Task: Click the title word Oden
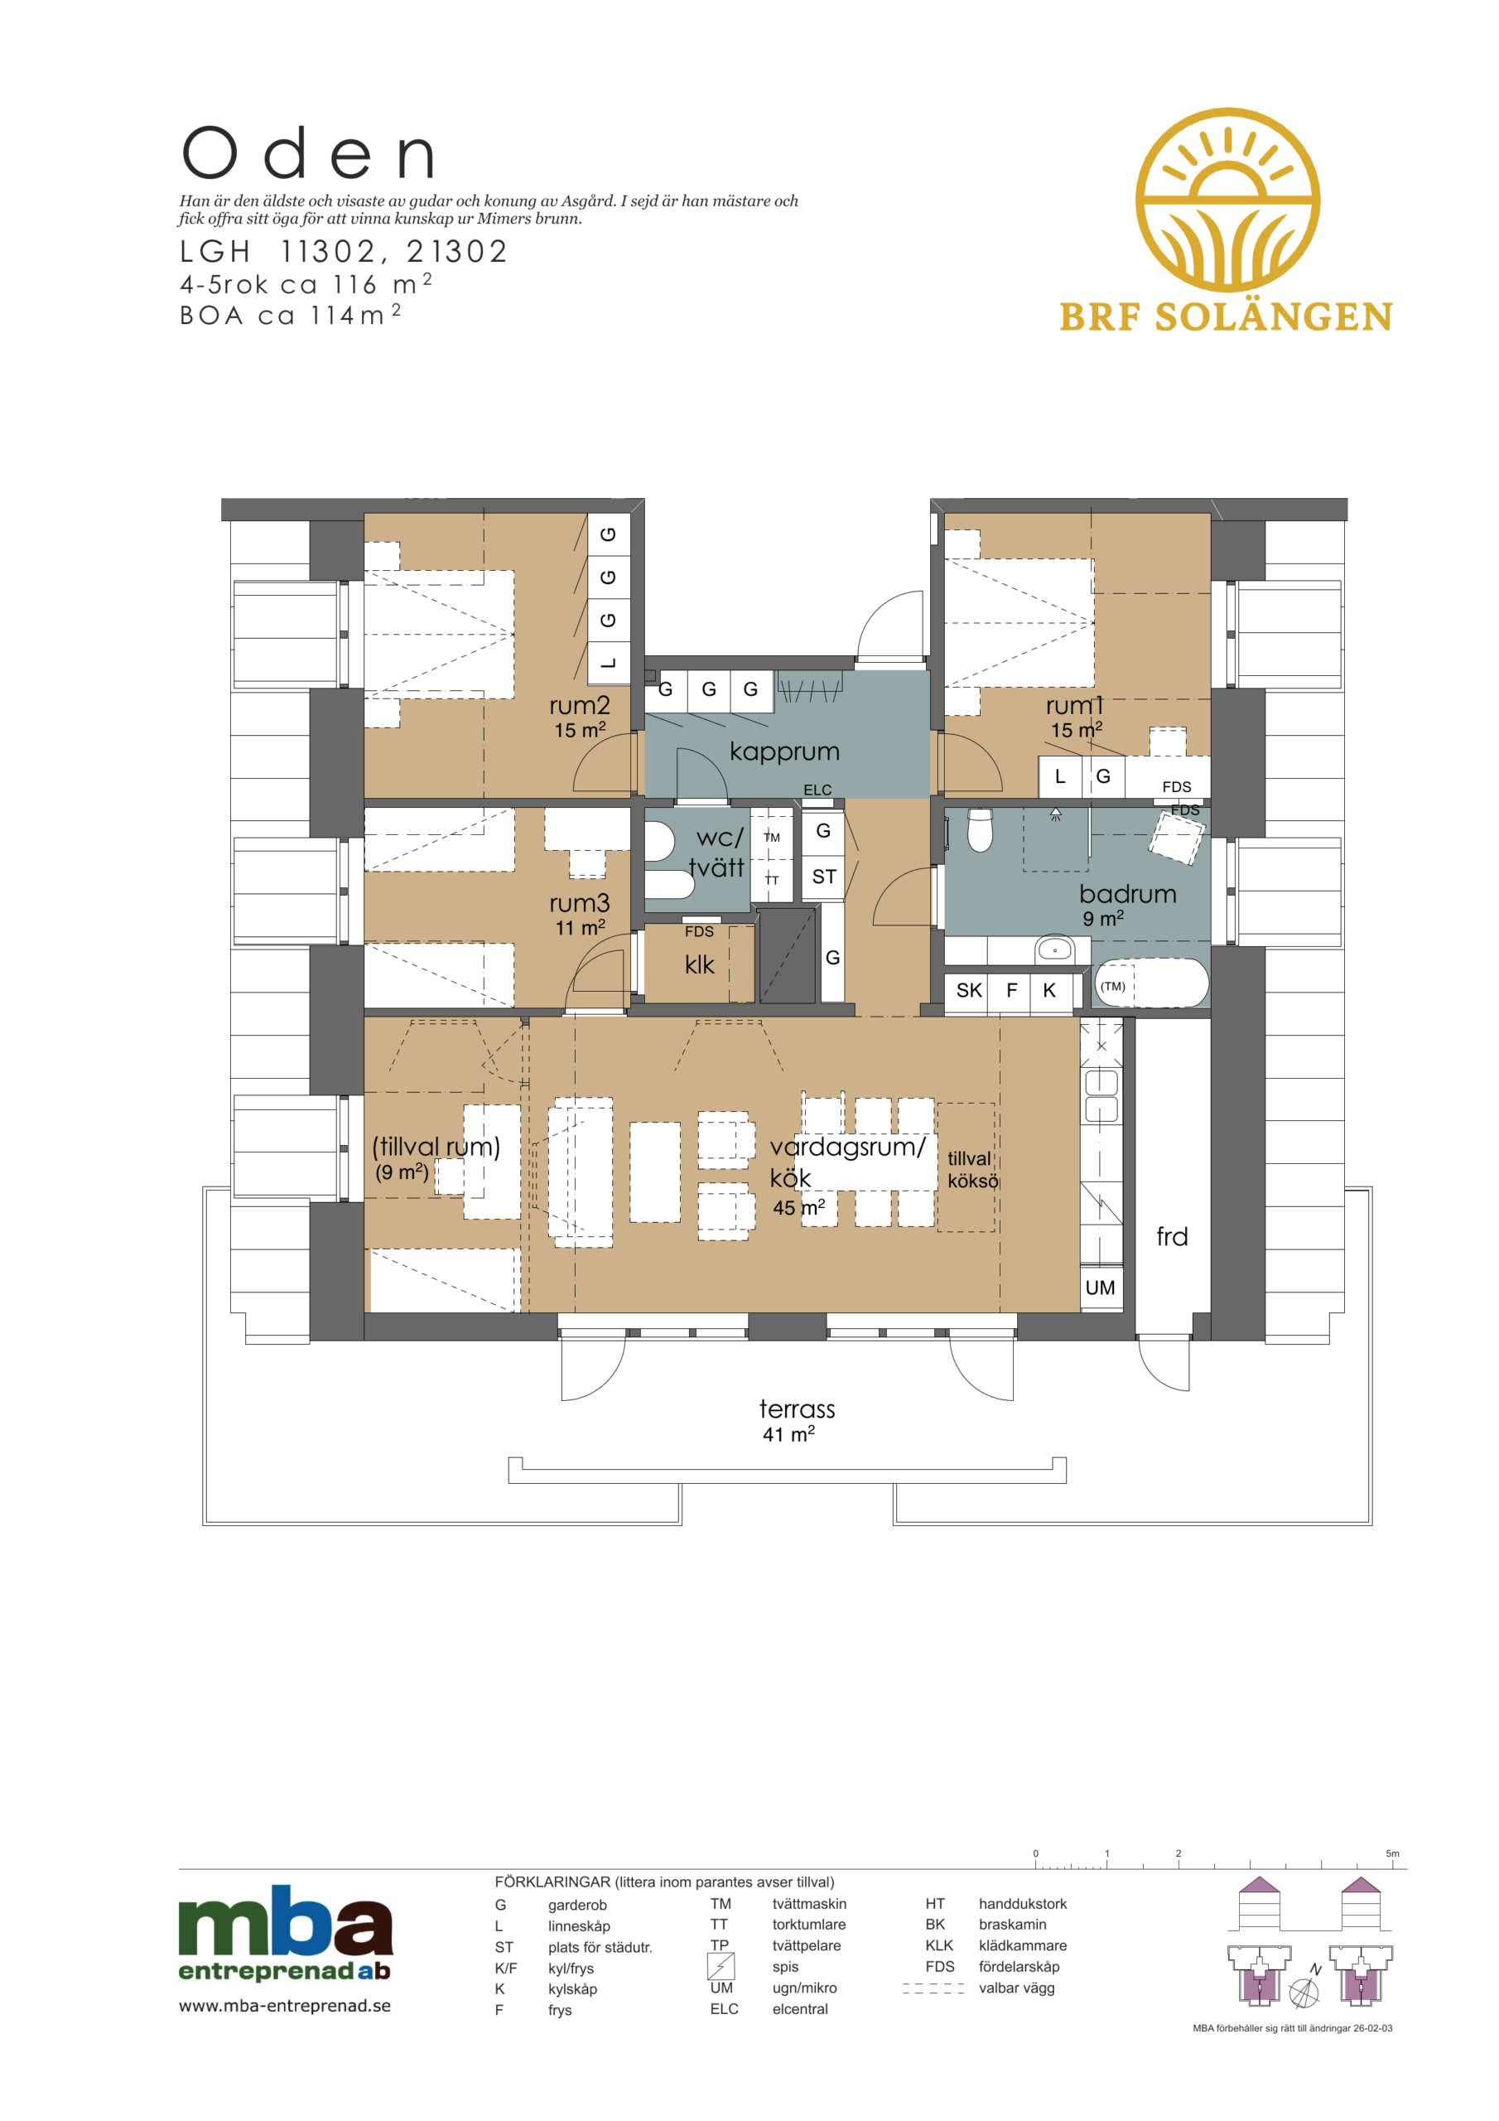pos(308,153)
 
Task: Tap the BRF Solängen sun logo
pos(1227,200)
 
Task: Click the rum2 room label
pos(579,706)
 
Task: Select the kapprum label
pos(784,752)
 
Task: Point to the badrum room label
pos(1128,894)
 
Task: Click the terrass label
pos(797,1408)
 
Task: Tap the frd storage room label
pos(1172,1236)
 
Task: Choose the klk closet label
pos(699,964)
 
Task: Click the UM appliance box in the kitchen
pos(1101,1287)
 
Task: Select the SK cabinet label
pos(969,990)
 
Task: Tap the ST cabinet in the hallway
pos(823,876)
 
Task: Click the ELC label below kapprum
pos(817,790)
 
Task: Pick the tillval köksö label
pos(972,1170)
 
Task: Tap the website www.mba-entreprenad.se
pos(284,2006)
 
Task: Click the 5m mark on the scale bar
pos(1392,1853)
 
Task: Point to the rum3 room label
pos(579,902)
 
